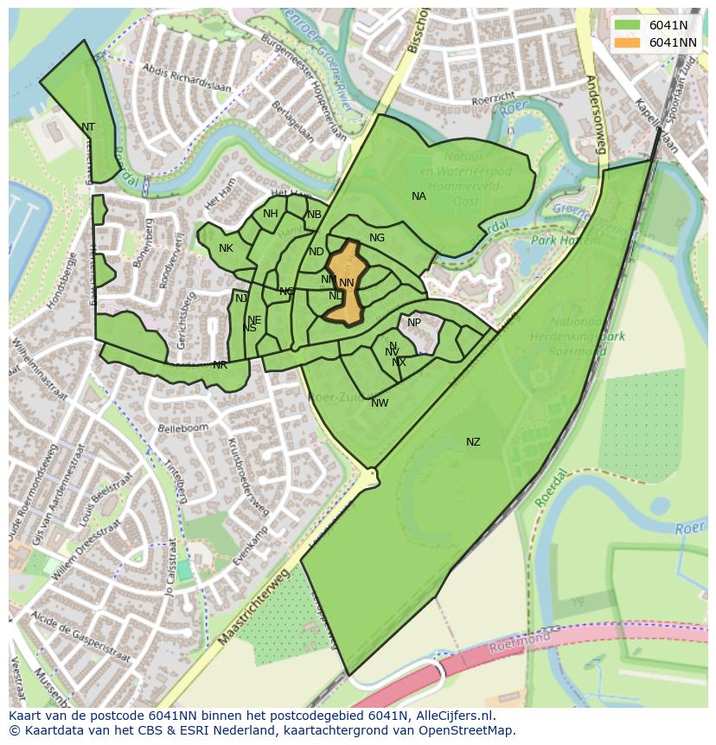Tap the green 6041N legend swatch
[627, 26]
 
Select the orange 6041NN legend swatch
[627, 42]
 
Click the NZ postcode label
[473, 442]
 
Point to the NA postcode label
[419, 196]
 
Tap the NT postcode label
[88, 127]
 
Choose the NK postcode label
[226, 248]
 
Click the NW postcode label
[380, 403]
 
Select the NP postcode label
[414, 323]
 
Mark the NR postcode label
[220, 365]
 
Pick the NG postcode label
[377, 238]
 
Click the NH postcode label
[271, 214]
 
